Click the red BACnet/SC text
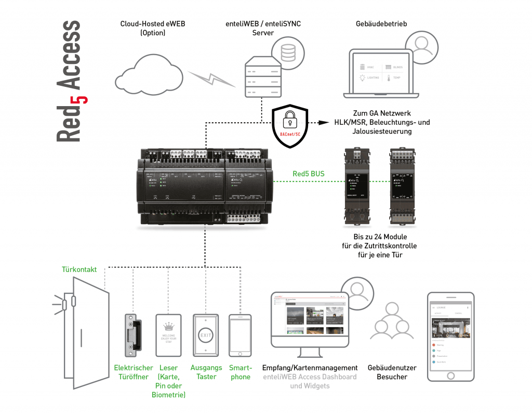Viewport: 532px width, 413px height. [x=290, y=135]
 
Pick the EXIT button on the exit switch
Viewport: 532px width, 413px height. [x=206, y=335]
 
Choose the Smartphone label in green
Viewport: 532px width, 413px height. [x=240, y=372]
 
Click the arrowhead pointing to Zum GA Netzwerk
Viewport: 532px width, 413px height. [x=325, y=123]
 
